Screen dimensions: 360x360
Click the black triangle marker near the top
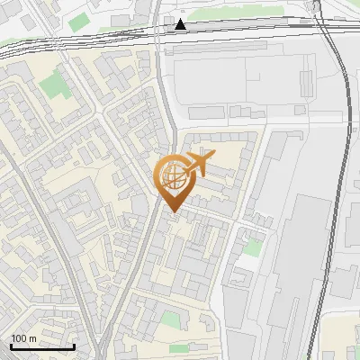(x=181, y=24)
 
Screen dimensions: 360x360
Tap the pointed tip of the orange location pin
(x=171, y=211)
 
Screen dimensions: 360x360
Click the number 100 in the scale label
(x=18, y=338)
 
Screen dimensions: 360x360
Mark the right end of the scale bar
(x=74, y=346)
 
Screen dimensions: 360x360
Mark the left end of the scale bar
(x=11, y=346)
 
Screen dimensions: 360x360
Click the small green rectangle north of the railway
(x=79, y=19)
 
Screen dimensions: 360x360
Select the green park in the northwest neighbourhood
(x=54, y=86)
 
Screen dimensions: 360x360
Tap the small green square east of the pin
(x=255, y=246)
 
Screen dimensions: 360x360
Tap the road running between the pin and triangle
(x=167, y=99)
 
